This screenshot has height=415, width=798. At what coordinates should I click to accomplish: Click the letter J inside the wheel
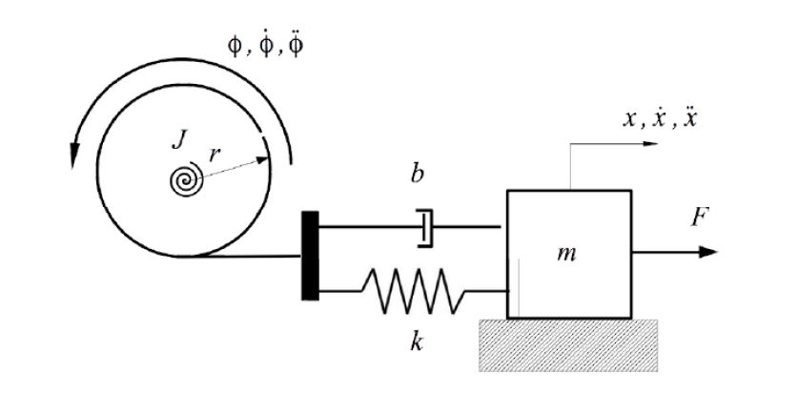click(x=178, y=141)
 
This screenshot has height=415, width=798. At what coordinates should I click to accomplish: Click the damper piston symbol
click(x=426, y=228)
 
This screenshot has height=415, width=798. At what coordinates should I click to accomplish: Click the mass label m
click(x=569, y=255)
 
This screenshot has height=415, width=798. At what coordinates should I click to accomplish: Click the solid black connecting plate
click(x=310, y=255)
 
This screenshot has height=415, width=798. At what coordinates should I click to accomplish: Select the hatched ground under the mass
click(x=568, y=341)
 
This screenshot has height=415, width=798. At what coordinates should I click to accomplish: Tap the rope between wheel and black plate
click(x=257, y=256)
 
